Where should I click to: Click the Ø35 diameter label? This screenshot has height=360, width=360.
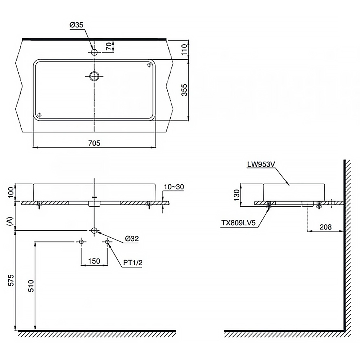coord(76,25)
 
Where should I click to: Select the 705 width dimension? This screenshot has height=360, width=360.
coord(94,143)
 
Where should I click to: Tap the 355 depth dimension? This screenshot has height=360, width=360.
coord(184,90)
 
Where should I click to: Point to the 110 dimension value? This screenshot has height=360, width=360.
coord(184,49)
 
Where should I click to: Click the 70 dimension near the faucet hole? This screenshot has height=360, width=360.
coord(109,46)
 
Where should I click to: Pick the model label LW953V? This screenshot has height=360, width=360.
coord(261,165)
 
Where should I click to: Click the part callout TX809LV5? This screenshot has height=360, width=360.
coord(238,223)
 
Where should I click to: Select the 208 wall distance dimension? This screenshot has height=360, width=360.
coord(325,227)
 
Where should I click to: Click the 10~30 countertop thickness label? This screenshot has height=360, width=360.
coord(174,187)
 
